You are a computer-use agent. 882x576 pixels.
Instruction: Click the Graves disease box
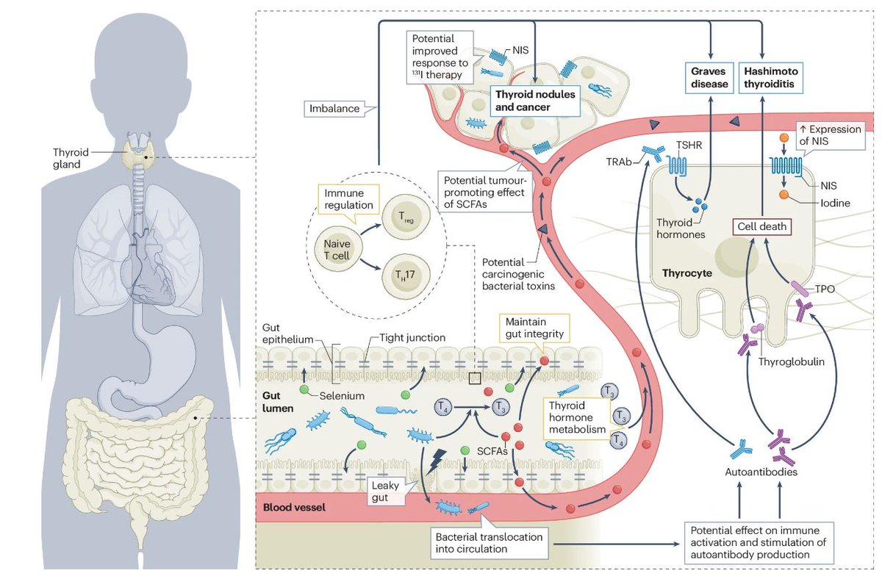(x=709, y=77)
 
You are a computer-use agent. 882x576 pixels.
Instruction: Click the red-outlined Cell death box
(x=761, y=227)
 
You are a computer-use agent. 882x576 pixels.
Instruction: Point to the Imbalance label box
(x=334, y=109)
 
